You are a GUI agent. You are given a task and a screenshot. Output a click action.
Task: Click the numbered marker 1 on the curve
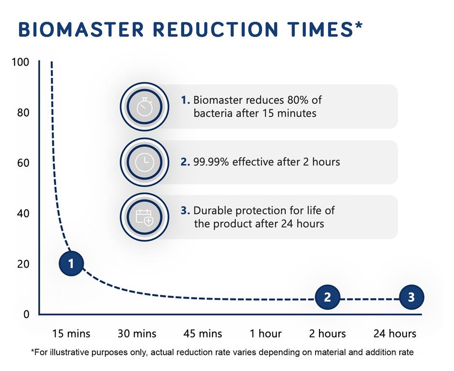tap(72, 263)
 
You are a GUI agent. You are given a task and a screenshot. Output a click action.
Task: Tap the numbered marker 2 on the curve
tap(328, 297)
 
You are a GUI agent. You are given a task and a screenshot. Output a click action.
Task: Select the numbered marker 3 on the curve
tap(411, 297)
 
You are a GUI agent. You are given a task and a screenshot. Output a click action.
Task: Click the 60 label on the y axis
tap(24, 163)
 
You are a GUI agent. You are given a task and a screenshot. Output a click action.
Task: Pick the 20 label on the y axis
tap(24, 264)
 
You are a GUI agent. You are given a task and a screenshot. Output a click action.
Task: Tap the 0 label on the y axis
tap(27, 314)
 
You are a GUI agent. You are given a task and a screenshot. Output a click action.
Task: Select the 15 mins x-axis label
tap(72, 333)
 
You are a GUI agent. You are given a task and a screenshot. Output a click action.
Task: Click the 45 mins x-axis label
tap(203, 333)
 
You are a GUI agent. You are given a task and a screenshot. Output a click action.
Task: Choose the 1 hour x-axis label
tap(265, 333)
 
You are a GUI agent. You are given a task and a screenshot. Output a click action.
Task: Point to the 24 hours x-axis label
tap(394, 333)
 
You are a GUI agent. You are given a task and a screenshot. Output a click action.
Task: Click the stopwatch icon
tap(144, 107)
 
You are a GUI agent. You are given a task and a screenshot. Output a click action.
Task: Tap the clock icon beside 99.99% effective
tap(144, 162)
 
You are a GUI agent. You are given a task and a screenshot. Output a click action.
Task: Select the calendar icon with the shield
tap(144, 217)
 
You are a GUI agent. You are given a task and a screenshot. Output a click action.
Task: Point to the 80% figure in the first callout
tap(288, 100)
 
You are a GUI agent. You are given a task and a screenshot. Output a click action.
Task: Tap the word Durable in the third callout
tap(212, 211)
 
